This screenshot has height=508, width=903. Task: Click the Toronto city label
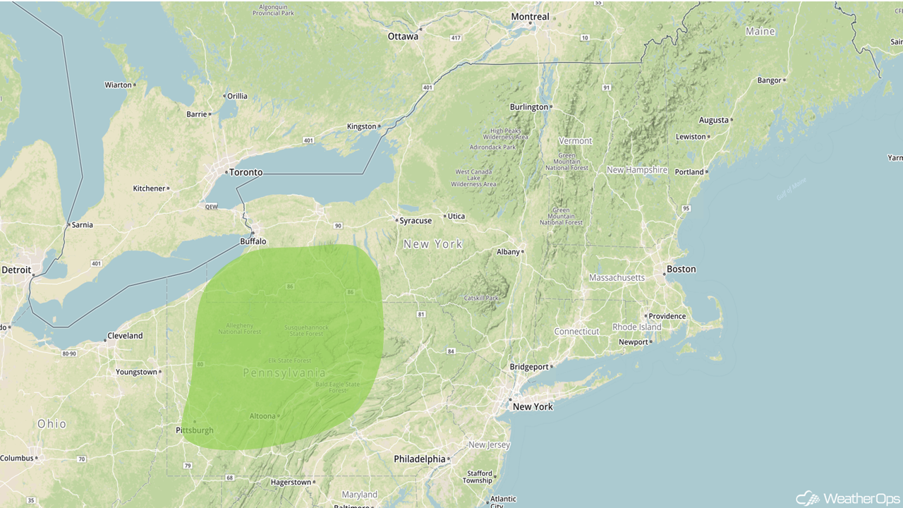pos(246,172)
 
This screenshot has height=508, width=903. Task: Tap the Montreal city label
pos(530,17)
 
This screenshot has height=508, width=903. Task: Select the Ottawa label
pos(403,36)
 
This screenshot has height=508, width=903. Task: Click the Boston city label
pos(681,269)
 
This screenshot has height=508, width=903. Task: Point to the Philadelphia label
pos(420,459)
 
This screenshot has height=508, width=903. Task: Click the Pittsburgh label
pos(194,430)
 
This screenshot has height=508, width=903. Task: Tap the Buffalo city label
pos(253,241)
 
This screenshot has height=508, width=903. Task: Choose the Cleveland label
pos(125,336)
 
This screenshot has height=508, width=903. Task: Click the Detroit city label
pos(16,270)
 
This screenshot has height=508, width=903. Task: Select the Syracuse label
pos(416,221)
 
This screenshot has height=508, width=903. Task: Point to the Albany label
pos(508,252)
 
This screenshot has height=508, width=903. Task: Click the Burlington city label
pos(529,107)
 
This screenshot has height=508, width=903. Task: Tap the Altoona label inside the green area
pos(262,416)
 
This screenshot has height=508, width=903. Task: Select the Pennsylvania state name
pos(284,373)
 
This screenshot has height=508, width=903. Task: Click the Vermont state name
pos(576,141)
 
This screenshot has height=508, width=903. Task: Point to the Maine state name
pos(760,32)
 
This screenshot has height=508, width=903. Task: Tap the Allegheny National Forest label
pos(239,328)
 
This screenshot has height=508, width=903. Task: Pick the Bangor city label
pos(769,80)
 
